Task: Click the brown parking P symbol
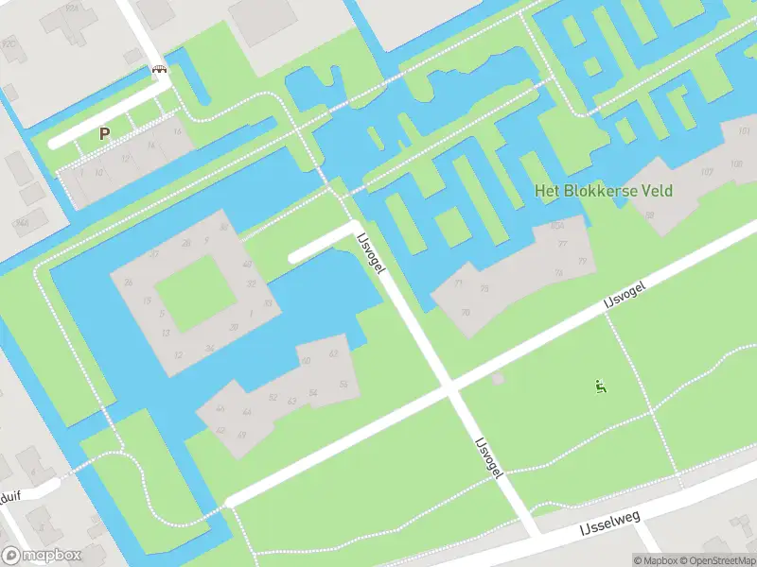104,134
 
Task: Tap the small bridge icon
160,70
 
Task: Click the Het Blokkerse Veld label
604,191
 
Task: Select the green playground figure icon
600,386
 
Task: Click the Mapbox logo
41,556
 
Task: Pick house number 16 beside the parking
177,131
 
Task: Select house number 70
465,312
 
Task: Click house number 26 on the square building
128,283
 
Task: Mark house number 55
344,384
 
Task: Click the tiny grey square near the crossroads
498,379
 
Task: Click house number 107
707,172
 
